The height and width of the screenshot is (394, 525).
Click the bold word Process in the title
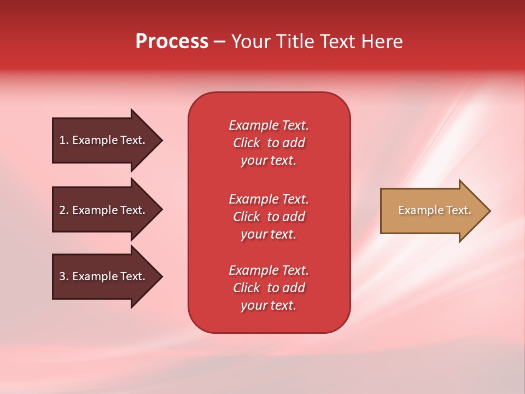click(x=172, y=42)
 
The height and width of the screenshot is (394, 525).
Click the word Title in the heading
click(x=296, y=42)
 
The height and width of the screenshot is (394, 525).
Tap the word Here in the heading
click(x=382, y=42)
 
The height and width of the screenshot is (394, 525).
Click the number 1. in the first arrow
click(x=64, y=140)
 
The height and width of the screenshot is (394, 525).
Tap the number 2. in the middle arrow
click(x=64, y=210)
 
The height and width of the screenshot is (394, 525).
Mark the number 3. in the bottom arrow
click(x=64, y=276)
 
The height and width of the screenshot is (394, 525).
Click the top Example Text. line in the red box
click(x=269, y=125)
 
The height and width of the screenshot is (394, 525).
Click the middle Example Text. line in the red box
click(x=269, y=199)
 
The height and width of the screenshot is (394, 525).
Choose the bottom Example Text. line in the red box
click(x=269, y=270)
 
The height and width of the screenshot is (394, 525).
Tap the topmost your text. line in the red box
click(x=269, y=161)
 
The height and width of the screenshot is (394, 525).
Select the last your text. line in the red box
click(x=269, y=306)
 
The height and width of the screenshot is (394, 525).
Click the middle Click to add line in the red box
click(x=269, y=217)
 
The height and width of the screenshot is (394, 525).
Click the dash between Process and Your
click(x=219, y=42)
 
